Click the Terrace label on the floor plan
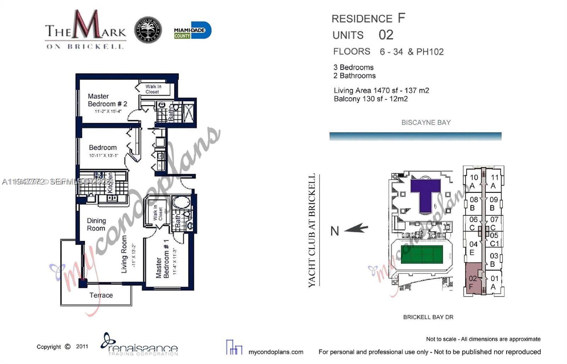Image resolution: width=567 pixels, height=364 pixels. coord(101,295)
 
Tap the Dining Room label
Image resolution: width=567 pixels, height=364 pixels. coord(96,225)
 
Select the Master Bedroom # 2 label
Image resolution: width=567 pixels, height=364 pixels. coord(107,100)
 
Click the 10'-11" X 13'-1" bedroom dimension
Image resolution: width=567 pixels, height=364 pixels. coord(103,156)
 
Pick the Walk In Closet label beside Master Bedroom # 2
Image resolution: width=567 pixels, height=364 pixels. coord(153,89)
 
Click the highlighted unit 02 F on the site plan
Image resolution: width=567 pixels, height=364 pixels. coord(473,282)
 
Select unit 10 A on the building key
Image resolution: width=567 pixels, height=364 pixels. coord(473,181)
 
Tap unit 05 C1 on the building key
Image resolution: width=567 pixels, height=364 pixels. coord(494,239)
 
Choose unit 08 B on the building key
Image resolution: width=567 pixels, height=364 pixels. coord(473,203)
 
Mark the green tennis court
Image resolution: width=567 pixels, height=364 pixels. coord(422,254)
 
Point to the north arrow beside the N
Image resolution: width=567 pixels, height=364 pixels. coord(356,229)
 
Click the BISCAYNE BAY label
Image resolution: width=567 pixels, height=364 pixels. coord(426,123)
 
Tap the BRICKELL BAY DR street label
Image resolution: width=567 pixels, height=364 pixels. coord(428,317)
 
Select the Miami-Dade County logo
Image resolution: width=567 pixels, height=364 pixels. coord(192,31)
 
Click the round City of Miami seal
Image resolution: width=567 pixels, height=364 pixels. coord(148,30)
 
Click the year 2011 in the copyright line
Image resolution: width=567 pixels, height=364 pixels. coord(82,347)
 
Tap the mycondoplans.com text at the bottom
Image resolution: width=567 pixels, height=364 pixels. coord(276,352)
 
